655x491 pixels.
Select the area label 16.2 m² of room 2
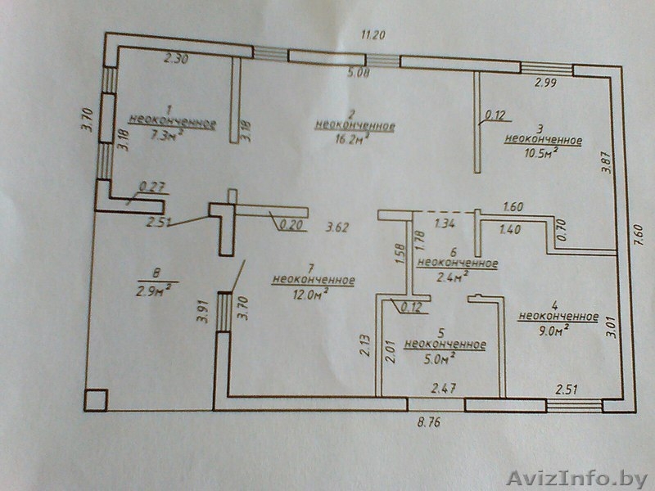[x=355, y=140]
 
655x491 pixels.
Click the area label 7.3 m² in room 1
[x=166, y=137]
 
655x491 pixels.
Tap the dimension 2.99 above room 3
[x=546, y=83]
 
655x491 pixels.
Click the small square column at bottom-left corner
[x=95, y=400]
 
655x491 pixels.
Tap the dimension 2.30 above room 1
[x=177, y=59]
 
